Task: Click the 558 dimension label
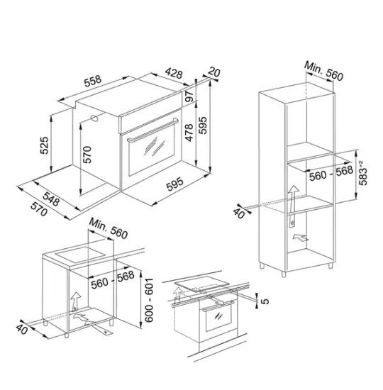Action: (93, 81)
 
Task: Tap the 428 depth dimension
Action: (174, 73)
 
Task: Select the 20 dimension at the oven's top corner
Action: (214, 72)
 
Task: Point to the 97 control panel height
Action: (189, 96)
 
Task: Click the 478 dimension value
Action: (189, 133)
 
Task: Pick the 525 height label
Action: (44, 145)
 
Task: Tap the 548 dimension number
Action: (51, 199)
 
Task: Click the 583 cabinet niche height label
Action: (363, 173)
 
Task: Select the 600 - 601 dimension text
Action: (149, 300)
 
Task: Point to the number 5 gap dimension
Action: (265, 301)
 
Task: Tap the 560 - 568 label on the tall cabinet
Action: (331, 173)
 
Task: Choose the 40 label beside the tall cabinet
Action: (239, 213)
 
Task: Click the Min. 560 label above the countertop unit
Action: (109, 228)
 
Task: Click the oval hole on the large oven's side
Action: (95, 118)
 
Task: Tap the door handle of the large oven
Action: (152, 130)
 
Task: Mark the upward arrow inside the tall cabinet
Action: (293, 206)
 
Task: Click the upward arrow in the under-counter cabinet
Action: (76, 301)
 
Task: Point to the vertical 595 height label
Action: (204, 125)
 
